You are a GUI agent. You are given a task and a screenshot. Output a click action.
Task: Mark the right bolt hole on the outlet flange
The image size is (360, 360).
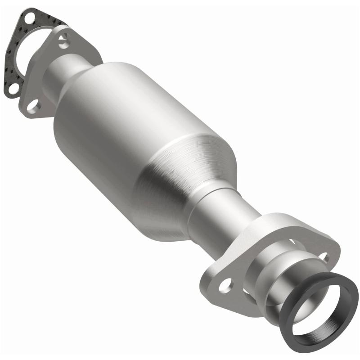point(323,257)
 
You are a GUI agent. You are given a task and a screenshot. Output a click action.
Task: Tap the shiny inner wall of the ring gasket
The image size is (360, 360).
point(333,324)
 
